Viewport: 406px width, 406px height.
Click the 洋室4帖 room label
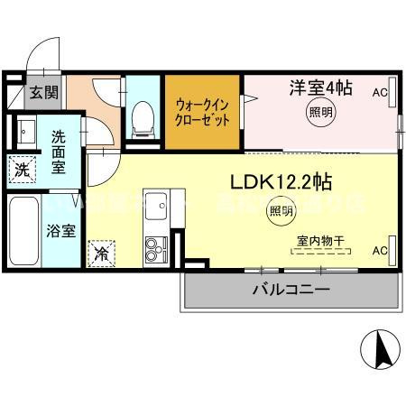point(320,88)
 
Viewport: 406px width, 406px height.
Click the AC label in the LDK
point(380,250)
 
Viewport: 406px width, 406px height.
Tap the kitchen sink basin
point(152,202)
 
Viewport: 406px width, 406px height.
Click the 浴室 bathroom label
point(61,228)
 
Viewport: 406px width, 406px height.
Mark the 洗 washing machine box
point(20,168)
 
